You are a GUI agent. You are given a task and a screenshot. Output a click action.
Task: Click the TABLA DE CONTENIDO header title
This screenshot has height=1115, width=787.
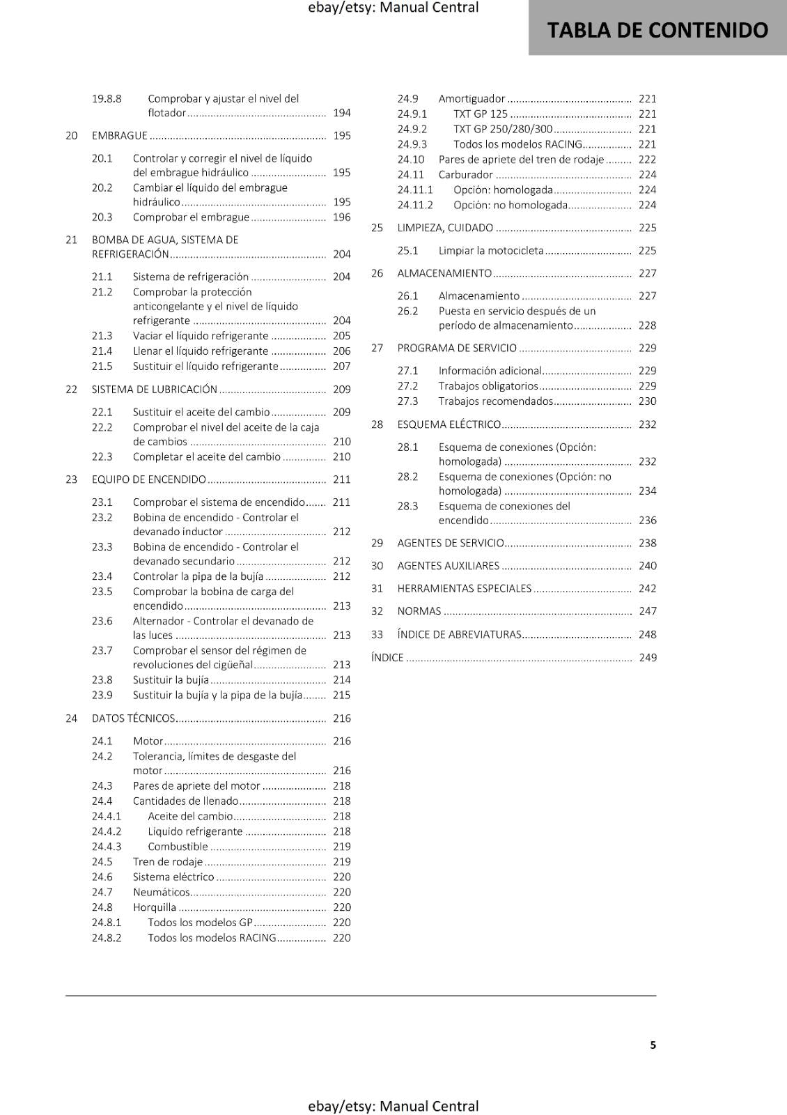coord(657,30)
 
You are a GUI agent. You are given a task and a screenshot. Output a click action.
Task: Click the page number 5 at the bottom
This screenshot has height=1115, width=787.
coord(653,1045)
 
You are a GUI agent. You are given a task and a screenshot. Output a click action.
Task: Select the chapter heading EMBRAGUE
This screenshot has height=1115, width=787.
coord(120,135)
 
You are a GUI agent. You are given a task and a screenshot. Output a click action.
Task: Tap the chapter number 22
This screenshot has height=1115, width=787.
coord(71,389)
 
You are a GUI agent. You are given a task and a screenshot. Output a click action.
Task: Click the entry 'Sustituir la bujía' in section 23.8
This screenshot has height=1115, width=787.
coord(171,679)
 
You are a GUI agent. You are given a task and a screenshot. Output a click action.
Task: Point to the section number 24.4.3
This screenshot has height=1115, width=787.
coord(106,846)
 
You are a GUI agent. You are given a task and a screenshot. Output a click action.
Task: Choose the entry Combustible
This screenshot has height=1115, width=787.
coord(178,846)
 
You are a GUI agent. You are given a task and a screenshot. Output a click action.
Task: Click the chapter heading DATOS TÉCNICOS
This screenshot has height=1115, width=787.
coord(134,718)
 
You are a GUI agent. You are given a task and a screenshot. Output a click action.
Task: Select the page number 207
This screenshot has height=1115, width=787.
coord(341,366)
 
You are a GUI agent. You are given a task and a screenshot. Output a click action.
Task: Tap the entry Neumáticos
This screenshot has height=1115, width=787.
coord(161,892)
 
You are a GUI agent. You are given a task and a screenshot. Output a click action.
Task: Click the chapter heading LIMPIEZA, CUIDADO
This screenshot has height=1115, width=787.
coord(445,227)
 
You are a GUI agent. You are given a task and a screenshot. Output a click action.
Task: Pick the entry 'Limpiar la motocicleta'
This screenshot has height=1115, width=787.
coord(491,250)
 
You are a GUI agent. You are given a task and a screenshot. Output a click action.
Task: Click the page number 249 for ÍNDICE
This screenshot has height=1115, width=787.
coord(648,657)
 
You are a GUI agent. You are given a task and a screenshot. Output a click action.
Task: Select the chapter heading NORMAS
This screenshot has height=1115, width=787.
coord(419,610)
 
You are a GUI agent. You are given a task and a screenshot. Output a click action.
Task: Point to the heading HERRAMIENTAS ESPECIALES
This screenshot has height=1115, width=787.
coord(465,588)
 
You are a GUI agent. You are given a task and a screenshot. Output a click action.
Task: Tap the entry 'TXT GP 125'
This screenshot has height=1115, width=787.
coord(481,114)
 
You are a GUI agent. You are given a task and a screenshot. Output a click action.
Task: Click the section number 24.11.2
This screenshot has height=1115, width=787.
coord(415,205)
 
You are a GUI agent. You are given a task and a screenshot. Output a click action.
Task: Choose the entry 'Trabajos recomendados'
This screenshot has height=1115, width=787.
coord(495,401)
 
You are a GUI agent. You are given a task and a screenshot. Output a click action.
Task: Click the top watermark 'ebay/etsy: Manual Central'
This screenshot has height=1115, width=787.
coord(393,8)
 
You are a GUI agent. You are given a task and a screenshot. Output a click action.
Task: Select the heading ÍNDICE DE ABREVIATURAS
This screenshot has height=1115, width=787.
coord(459,634)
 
